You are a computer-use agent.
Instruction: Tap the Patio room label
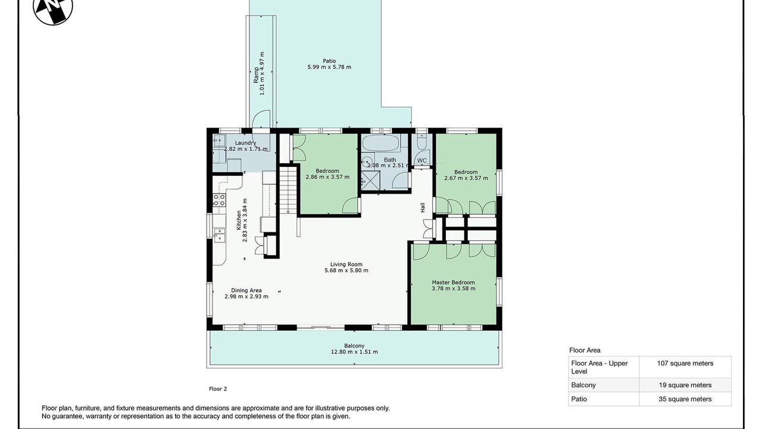coord(329,61)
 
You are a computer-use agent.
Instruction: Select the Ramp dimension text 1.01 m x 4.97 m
coord(262,73)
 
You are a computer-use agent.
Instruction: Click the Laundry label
coord(245,143)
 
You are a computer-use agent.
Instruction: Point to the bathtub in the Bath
coord(380,143)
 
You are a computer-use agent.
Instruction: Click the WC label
coord(421,161)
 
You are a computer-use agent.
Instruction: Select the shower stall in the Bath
coord(370,181)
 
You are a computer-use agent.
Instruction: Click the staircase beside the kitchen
coord(289,189)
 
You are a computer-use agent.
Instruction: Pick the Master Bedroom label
coord(453,282)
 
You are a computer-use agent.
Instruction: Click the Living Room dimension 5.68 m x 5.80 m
coord(346,271)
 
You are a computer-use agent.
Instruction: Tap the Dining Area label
coord(246,290)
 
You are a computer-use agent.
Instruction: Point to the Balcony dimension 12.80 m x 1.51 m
coord(354,352)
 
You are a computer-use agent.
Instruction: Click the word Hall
coord(423,207)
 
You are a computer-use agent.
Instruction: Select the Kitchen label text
coord(239,220)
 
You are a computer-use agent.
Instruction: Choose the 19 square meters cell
coord(685,385)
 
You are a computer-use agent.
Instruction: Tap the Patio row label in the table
coord(579,399)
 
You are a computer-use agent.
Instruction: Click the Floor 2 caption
coord(218,389)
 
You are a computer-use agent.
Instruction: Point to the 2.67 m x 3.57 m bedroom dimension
coord(466,178)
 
